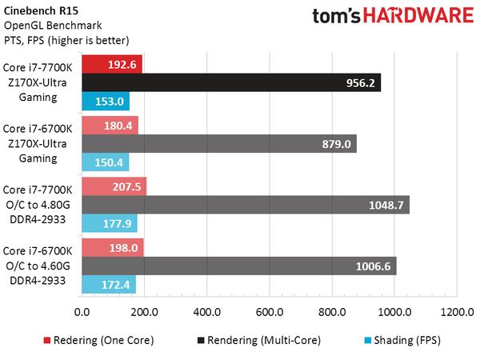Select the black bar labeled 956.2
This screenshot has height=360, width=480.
230,82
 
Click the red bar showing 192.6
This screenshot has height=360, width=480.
111,64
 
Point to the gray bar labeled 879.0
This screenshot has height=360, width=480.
218,143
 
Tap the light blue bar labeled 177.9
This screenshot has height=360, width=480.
109,223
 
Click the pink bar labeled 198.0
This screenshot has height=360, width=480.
112,247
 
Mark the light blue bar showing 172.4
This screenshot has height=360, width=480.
108,284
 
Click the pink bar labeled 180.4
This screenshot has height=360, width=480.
110,125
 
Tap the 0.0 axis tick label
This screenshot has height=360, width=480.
82,311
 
